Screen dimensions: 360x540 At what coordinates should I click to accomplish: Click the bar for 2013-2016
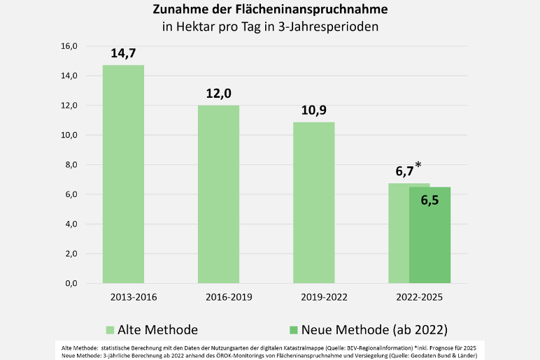123,175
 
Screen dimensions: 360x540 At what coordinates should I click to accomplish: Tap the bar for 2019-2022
313,203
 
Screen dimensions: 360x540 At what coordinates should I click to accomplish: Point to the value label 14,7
123,54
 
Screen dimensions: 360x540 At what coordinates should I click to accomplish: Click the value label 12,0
218,94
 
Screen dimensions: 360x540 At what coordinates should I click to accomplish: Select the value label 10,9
313,110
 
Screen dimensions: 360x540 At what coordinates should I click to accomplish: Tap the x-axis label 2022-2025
419,297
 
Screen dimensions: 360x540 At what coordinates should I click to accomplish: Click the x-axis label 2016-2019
229,297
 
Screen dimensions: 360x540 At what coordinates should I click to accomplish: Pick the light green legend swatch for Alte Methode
110,330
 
